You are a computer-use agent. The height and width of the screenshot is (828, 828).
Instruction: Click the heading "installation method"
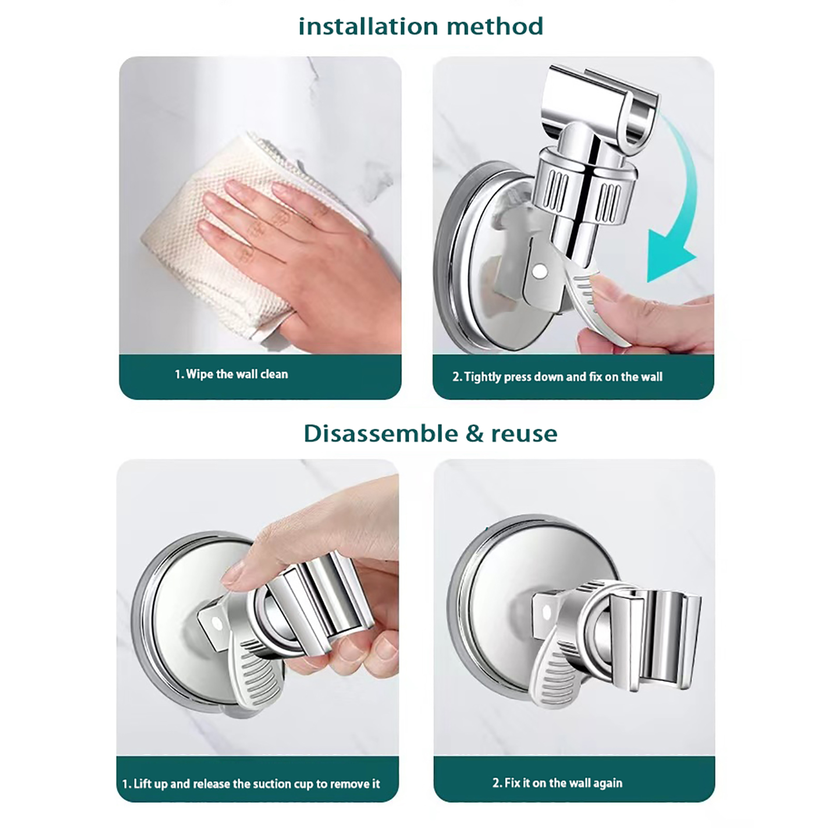pyautogui.click(x=421, y=26)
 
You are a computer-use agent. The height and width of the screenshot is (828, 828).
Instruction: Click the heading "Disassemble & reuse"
pyautogui.click(x=431, y=434)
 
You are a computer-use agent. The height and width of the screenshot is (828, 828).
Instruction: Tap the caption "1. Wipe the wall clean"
pyautogui.click(x=231, y=374)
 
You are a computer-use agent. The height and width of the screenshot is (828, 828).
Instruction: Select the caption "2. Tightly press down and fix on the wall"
pyautogui.click(x=557, y=377)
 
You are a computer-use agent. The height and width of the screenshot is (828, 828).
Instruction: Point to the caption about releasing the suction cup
pyautogui.click(x=251, y=783)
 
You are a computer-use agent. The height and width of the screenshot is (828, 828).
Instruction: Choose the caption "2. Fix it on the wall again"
pyautogui.click(x=557, y=782)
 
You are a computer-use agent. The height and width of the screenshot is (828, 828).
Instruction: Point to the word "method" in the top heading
pyautogui.click(x=495, y=26)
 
